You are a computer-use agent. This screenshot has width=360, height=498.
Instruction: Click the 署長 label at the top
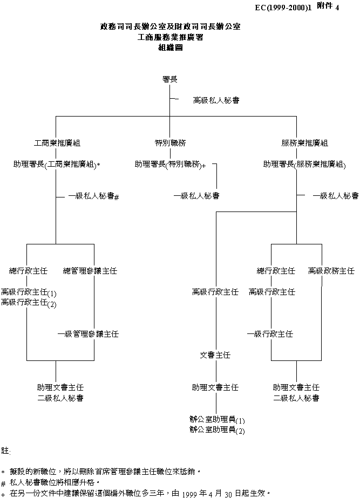pyautogui.click(x=169, y=79)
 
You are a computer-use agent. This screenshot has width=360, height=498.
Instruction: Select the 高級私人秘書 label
pyautogui.click(x=216, y=100)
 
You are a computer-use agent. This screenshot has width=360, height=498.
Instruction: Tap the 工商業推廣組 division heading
pyautogui.click(x=57, y=144)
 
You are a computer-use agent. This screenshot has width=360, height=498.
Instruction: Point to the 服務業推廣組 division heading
pyautogui.click(x=304, y=144)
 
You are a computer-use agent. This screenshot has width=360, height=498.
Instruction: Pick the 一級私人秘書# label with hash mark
pyautogui.click(x=93, y=197)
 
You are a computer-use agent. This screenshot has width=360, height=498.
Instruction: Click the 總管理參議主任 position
pyautogui.click(x=90, y=270)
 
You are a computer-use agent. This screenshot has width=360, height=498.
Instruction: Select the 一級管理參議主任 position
pyautogui.click(x=89, y=335)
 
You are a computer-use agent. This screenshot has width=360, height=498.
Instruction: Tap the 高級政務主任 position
pyautogui.click(x=331, y=270)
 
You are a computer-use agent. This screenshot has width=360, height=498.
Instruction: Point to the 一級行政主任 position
pyautogui.click(x=270, y=335)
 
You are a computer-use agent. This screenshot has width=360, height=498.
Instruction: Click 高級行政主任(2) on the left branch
pyautogui.click(x=29, y=303)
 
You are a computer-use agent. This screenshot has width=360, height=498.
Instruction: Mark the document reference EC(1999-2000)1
pyautogui.click(x=283, y=8)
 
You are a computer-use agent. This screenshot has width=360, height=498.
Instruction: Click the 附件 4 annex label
pyautogui.click(x=329, y=6)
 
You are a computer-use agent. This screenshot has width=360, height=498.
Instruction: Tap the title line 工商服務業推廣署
pyautogui.click(x=169, y=37)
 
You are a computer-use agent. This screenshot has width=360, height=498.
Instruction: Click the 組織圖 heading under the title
pyautogui.click(x=169, y=47)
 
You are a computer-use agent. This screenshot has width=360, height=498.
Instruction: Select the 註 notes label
pyautogui.click(x=5, y=450)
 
